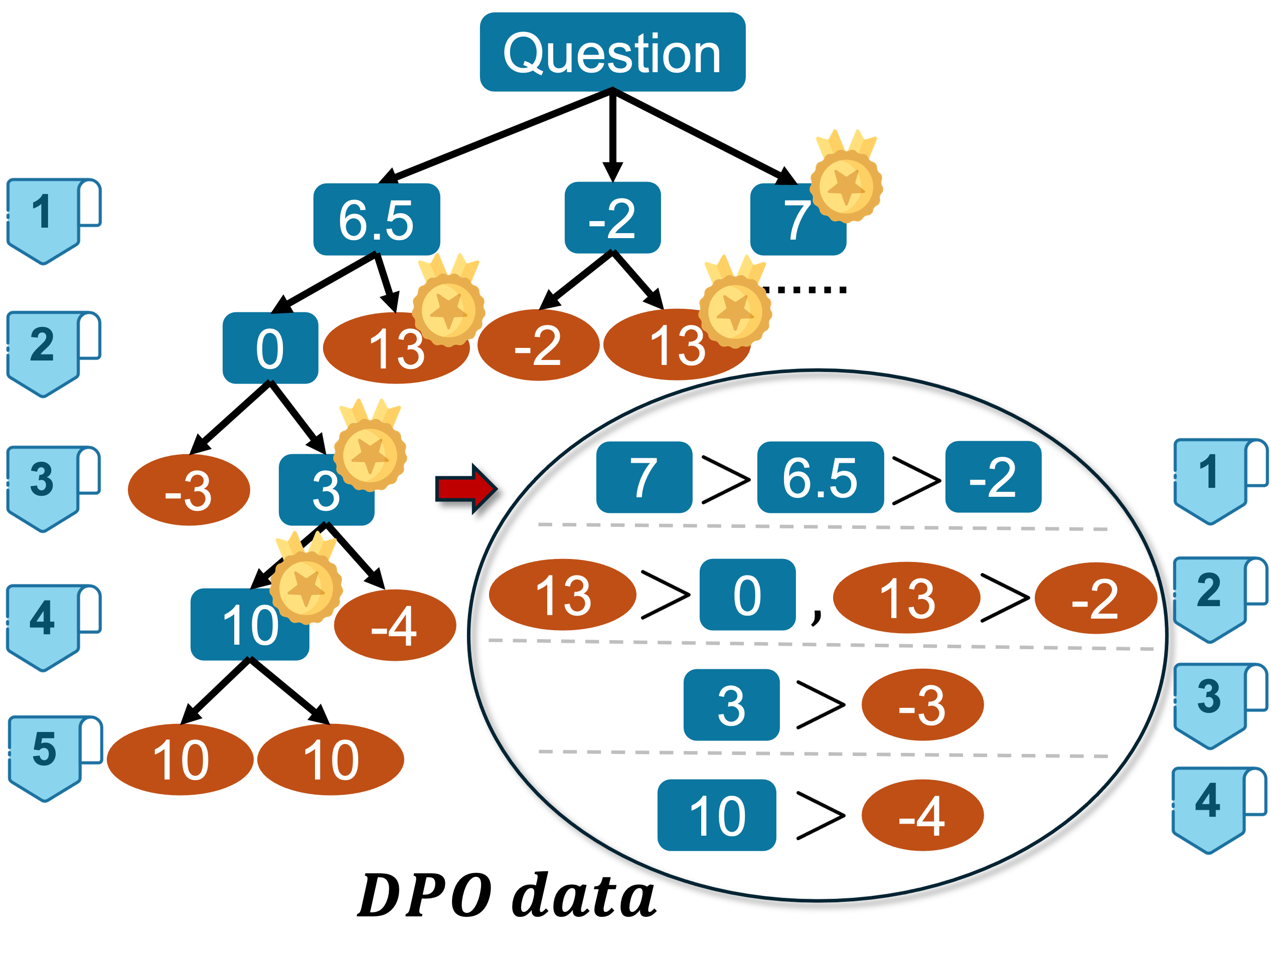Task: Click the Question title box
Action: pyautogui.click(x=612, y=52)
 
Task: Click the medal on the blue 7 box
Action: pyautogui.click(x=846, y=183)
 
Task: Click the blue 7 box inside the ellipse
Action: pyautogui.click(x=644, y=477)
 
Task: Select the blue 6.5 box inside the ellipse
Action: pyautogui.click(x=820, y=477)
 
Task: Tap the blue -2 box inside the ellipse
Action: pyautogui.click(x=993, y=477)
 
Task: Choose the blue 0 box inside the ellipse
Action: pyautogui.click(x=747, y=595)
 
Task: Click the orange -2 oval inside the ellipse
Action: pyautogui.click(x=1095, y=598)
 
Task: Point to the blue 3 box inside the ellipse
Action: pyautogui.click(x=731, y=705)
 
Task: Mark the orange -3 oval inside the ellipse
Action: pyautogui.click(x=922, y=705)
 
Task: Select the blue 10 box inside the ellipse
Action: pyautogui.click(x=717, y=815)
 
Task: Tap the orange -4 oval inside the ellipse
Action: pyautogui.click(x=922, y=815)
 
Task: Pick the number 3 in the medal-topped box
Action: pyautogui.click(x=325, y=492)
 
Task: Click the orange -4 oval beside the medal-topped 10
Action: pyautogui.click(x=395, y=626)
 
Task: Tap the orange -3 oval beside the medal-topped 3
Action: pyautogui.click(x=189, y=490)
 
